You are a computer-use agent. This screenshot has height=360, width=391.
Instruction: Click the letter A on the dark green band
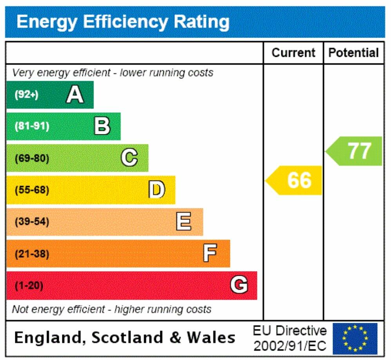point(74,94)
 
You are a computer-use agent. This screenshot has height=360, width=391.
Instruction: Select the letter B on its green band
point(102,127)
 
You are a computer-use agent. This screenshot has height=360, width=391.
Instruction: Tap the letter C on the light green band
point(129,158)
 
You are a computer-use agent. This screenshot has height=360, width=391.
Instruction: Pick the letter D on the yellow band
point(157,190)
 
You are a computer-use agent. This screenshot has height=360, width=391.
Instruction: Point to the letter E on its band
point(184,222)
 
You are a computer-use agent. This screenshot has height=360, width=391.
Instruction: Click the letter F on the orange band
point(210,254)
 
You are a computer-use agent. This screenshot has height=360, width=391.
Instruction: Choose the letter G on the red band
point(239,285)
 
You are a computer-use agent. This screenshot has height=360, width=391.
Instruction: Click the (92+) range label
point(26,95)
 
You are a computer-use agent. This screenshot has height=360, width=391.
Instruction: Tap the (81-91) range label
point(32,127)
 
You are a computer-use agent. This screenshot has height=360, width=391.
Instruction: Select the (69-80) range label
point(32,159)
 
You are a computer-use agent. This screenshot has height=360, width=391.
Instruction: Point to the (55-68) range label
point(32,190)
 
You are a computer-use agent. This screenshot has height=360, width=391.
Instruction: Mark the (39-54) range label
point(32,222)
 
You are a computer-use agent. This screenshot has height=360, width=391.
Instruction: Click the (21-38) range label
point(32,254)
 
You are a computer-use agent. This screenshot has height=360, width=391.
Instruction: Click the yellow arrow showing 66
point(295,180)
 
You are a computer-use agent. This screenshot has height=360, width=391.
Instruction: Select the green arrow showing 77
point(355,151)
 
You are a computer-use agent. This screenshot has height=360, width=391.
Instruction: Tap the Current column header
point(293,53)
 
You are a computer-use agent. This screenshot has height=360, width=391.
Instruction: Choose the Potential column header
point(353,53)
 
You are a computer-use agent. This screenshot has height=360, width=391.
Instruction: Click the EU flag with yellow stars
point(355,337)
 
